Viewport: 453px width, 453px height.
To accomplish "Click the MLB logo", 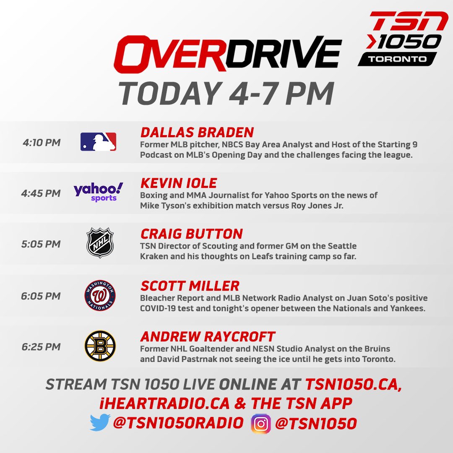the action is click(98, 142).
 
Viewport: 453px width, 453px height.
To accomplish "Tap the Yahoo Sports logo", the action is click(98, 192).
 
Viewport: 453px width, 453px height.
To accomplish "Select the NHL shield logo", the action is click(100, 243).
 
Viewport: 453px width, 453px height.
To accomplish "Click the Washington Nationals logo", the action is click(100, 295).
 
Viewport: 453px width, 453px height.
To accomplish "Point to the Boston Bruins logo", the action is click(100, 346).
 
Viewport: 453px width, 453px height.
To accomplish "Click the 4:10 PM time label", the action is click(42, 143).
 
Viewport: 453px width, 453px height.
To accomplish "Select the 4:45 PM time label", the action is click(41, 193).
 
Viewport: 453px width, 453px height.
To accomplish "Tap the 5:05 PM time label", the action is click(41, 244).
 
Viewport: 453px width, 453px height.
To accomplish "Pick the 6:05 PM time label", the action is click(41, 296).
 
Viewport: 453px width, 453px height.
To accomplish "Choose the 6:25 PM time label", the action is click(41, 346).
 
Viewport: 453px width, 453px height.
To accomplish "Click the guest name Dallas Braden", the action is click(197, 132).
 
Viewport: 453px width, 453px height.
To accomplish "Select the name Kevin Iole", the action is click(179, 183).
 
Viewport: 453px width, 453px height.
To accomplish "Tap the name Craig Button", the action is click(192, 234).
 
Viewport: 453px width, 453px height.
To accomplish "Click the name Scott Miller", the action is click(190, 286).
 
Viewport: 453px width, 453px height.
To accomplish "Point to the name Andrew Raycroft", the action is click(208, 336).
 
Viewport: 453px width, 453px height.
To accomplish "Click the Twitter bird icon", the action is click(100, 422).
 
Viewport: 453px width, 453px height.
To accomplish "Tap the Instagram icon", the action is click(261, 424).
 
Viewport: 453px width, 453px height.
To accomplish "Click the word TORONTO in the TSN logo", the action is click(397, 59).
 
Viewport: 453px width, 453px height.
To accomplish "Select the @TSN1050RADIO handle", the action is click(178, 423).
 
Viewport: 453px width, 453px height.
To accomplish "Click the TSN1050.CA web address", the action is click(354, 384).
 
